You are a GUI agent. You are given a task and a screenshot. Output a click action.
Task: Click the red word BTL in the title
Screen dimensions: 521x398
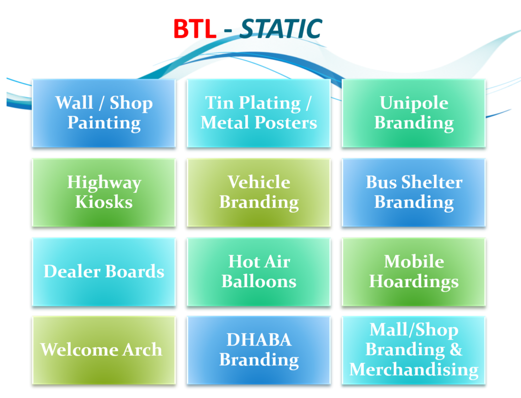click(195, 29)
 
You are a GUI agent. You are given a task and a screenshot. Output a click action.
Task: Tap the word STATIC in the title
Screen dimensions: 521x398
click(281, 29)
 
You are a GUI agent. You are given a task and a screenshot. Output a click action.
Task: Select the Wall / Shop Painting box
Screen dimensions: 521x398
click(104, 113)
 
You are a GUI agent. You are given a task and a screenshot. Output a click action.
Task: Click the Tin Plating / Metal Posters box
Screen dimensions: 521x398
click(258, 113)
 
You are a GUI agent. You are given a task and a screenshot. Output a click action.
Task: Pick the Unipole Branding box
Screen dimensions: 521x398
click(414, 113)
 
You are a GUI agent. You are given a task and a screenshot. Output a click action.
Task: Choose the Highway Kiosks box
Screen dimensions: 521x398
click(104, 192)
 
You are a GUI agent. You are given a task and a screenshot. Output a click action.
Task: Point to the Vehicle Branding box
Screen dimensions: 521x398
click(258, 192)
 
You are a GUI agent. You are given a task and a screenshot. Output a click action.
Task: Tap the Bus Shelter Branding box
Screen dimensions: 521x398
click(414, 192)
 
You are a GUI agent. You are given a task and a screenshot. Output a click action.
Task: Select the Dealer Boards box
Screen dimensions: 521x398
click(104, 272)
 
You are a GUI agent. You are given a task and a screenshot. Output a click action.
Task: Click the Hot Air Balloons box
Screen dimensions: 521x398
click(258, 272)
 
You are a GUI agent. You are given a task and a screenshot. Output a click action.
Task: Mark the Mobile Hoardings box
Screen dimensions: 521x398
click(414, 272)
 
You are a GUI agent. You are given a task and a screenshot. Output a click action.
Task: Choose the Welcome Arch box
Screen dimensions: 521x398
click(104, 350)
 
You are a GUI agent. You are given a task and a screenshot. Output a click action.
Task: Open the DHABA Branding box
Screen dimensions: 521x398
click(258, 350)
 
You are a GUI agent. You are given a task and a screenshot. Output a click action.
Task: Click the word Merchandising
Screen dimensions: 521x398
click(414, 370)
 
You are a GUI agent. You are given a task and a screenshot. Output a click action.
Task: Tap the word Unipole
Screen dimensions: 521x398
click(414, 103)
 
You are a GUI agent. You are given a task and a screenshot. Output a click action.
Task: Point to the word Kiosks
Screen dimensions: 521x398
click(104, 202)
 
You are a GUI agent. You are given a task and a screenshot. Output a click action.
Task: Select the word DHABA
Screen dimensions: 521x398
click(259, 340)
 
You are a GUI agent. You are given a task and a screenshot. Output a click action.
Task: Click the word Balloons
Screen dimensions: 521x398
click(259, 281)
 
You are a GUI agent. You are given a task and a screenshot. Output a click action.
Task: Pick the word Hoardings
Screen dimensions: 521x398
click(414, 282)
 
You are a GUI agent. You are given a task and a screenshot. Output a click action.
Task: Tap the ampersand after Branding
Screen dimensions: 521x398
click(456, 349)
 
